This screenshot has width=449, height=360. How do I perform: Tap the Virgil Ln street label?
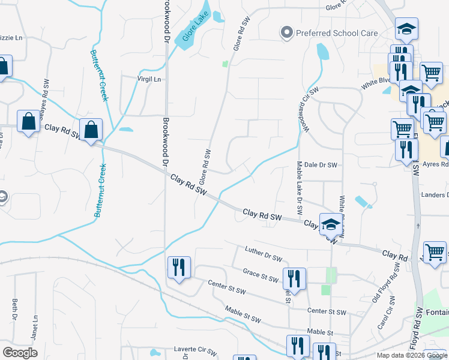click(x=149, y=79)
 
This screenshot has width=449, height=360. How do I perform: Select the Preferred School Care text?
click(x=337, y=33)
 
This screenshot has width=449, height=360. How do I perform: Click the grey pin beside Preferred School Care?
click(x=287, y=32)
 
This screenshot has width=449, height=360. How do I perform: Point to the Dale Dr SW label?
click(x=321, y=164)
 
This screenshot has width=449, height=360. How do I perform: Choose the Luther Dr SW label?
click(x=264, y=254)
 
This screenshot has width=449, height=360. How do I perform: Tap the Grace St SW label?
click(x=261, y=276)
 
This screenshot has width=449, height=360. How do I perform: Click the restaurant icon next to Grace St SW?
click(x=294, y=278)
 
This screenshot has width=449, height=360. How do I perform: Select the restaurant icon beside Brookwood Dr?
click(x=178, y=267)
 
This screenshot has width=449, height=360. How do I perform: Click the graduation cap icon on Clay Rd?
click(x=330, y=224)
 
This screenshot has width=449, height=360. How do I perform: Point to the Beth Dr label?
click(x=15, y=310)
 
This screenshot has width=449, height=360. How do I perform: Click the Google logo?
click(x=20, y=353)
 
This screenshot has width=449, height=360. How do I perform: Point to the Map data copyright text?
click(x=412, y=355)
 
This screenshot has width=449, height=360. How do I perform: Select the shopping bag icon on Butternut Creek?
click(x=91, y=130)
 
